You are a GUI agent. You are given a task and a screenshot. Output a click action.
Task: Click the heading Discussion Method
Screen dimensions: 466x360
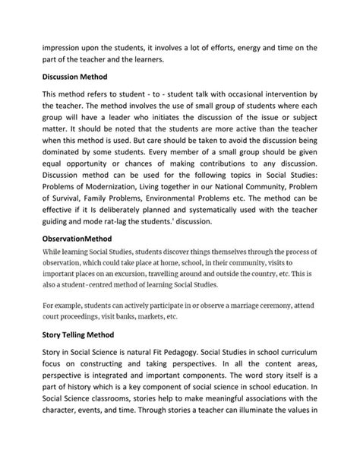click(74, 77)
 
